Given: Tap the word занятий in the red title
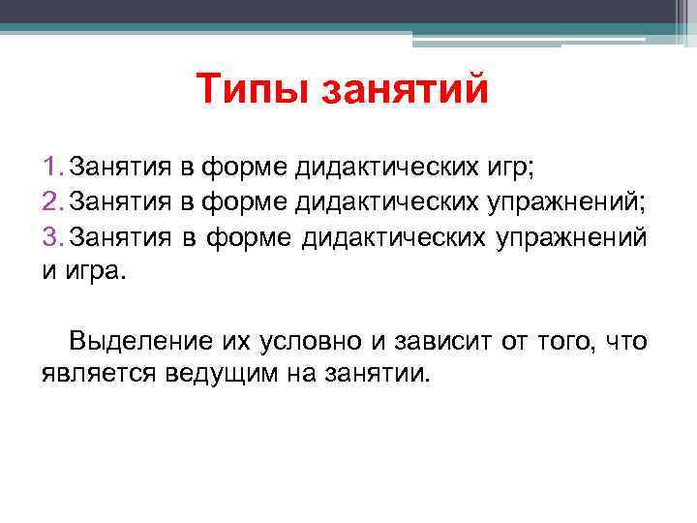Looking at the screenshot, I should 406,91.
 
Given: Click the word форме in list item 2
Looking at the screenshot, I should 242,201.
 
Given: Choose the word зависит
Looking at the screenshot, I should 427,340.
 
